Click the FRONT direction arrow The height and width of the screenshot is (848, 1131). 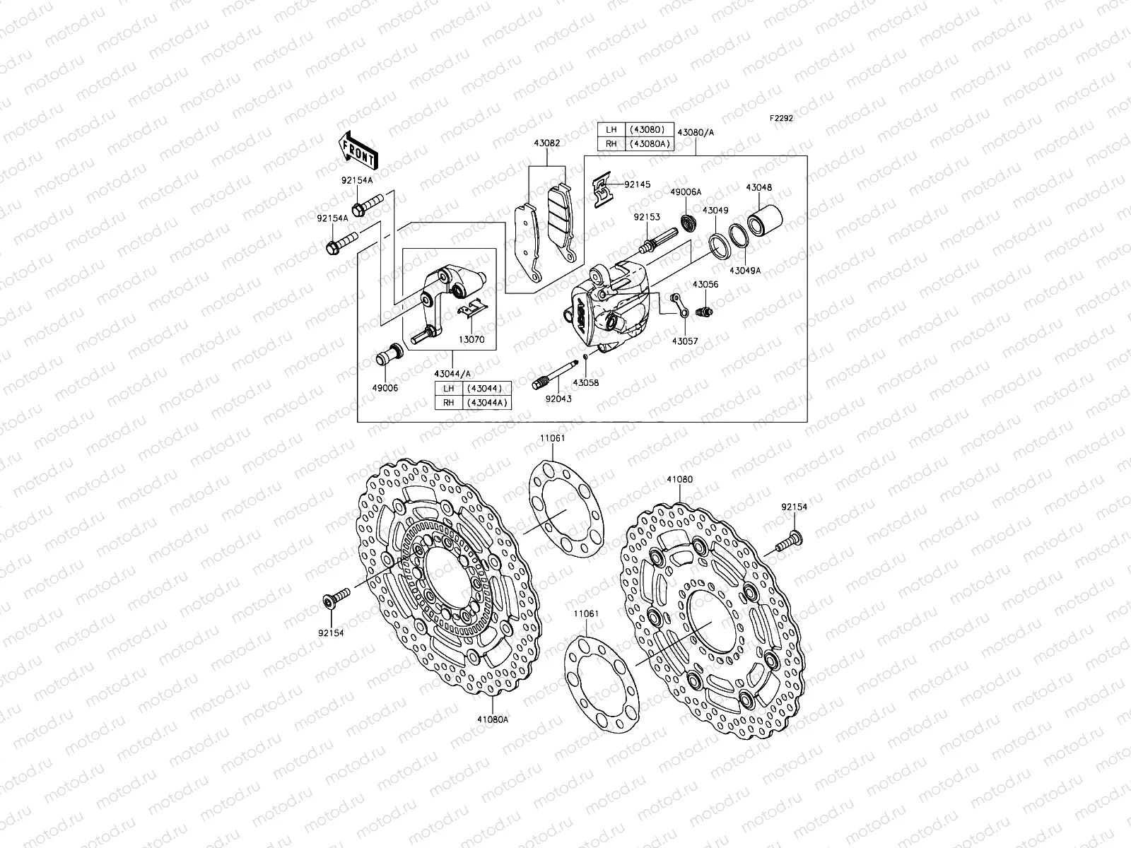(x=361, y=151)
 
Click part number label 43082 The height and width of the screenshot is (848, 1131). (x=549, y=143)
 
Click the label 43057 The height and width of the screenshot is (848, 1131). (x=685, y=341)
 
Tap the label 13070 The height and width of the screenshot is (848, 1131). (x=472, y=339)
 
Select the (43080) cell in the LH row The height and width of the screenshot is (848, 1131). (x=646, y=130)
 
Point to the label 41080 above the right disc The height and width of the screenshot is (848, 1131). (x=679, y=479)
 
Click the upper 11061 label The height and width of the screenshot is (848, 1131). (x=552, y=438)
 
